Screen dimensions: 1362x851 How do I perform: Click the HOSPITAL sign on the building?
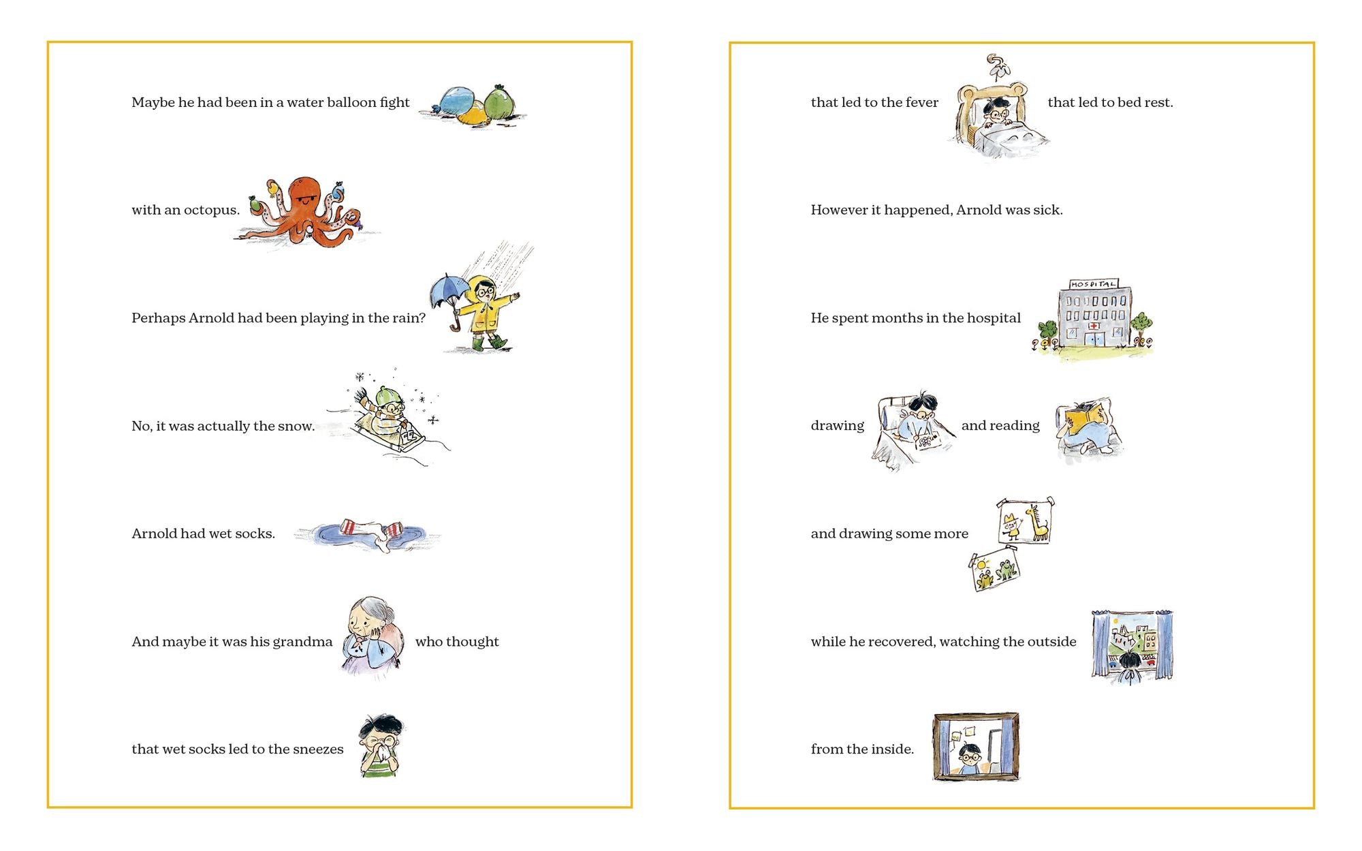click(x=1093, y=283)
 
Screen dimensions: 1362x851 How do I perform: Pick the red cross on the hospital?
click(x=1093, y=326)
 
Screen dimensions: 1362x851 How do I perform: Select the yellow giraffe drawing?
click(x=1038, y=523)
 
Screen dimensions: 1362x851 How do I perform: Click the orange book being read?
click(x=1085, y=416)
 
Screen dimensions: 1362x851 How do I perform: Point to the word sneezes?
click(x=317, y=749)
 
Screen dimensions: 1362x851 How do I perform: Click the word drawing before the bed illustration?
click(x=837, y=426)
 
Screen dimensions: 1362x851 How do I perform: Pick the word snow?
click(x=297, y=427)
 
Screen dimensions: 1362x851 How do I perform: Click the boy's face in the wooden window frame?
click(x=970, y=755)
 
